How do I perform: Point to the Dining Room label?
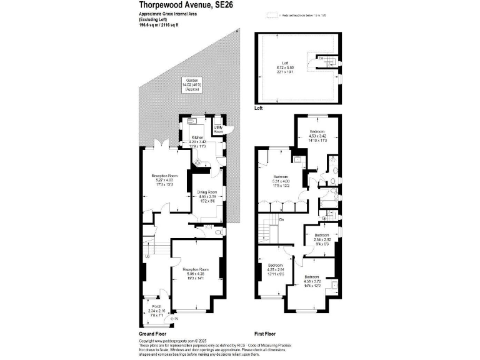click(x=207, y=192)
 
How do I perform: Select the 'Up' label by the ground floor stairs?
click(x=147, y=257)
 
